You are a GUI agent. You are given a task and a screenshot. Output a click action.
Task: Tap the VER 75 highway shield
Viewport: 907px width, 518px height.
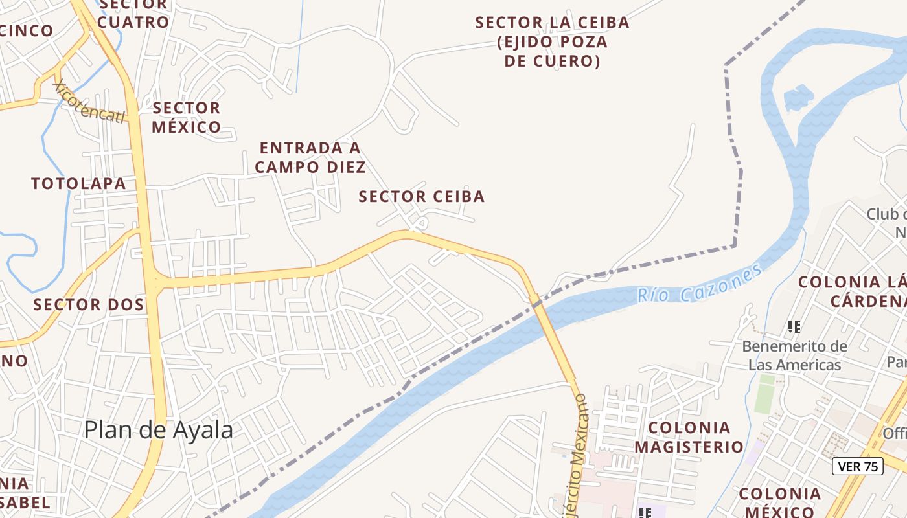(x=857, y=466)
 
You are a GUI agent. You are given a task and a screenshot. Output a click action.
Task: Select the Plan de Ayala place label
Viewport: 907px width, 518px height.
(x=158, y=430)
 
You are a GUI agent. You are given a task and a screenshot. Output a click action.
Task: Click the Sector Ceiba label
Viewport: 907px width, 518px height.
(x=422, y=196)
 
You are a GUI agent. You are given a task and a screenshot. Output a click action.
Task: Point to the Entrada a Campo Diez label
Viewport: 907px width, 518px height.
(x=310, y=157)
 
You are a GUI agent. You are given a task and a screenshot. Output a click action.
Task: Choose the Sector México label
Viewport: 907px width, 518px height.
(x=187, y=117)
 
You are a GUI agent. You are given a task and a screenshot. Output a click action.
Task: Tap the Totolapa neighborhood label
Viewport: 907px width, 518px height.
(x=78, y=183)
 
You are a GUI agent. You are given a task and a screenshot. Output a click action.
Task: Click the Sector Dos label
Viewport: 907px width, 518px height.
(x=89, y=304)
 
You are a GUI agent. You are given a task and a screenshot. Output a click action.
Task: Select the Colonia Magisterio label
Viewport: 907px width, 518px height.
(x=689, y=437)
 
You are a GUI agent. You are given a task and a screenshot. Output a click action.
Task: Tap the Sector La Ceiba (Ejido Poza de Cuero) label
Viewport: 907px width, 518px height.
(x=552, y=41)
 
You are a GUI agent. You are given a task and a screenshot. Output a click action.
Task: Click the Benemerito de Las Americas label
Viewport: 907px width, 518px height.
(x=794, y=355)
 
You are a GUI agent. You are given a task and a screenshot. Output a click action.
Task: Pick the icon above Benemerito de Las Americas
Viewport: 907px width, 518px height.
(x=794, y=326)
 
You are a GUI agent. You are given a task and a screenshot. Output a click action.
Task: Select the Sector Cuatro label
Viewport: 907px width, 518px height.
(x=133, y=13)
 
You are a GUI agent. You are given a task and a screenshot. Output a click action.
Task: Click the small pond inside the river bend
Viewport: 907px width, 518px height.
(x=798, y=98)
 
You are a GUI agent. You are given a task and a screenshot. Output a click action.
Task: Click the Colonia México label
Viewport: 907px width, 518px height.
(x=779, y=502)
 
